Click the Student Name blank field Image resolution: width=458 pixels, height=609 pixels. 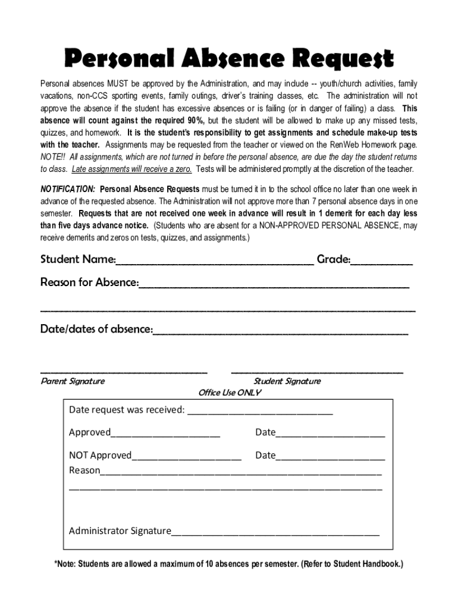click(x=215, y=260)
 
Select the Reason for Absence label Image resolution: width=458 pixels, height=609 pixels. click(x=89, y=282)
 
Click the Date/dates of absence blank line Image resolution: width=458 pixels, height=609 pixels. click(x=280, y=329)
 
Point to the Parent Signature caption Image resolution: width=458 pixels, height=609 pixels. click(x=73, y=381)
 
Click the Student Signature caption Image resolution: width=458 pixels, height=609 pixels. click(x=287, y=381)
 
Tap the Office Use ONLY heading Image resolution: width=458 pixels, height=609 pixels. click(x=230, y=393)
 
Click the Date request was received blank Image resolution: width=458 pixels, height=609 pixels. click(x=260, y=410)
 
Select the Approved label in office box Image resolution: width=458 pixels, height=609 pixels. click(x=89, y=432)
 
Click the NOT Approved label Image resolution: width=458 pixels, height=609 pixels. click(x=100, y=456)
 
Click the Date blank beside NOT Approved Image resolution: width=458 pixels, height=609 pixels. click(x=330, y=456)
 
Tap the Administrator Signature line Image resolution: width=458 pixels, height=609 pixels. click(x=275, y=531)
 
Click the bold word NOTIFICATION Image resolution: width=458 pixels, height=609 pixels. click(x=67, y=189)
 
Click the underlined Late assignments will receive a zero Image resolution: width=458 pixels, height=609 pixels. click(x=131, y=169)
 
